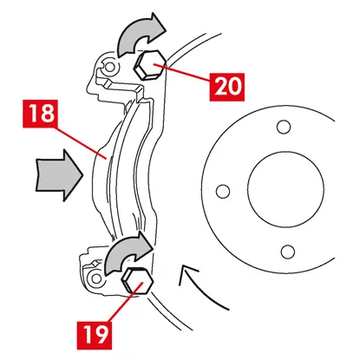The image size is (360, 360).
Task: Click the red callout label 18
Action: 40,114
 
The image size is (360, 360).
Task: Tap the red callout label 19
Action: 95,335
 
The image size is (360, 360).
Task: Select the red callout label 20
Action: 227,87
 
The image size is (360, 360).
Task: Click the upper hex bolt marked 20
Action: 149,65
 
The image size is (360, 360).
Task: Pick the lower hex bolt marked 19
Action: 137,280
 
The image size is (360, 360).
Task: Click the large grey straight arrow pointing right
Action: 59,175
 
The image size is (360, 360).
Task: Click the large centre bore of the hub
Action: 285,189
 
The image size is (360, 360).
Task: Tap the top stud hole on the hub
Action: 284,127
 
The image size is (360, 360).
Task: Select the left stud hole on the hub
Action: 223,191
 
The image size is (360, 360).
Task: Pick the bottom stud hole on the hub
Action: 288,252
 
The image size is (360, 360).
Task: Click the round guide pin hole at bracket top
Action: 109,67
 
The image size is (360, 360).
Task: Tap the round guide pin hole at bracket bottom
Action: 96,278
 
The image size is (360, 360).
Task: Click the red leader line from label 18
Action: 82,142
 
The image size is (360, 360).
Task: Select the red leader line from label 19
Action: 125,302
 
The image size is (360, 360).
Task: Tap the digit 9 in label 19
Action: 101,335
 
